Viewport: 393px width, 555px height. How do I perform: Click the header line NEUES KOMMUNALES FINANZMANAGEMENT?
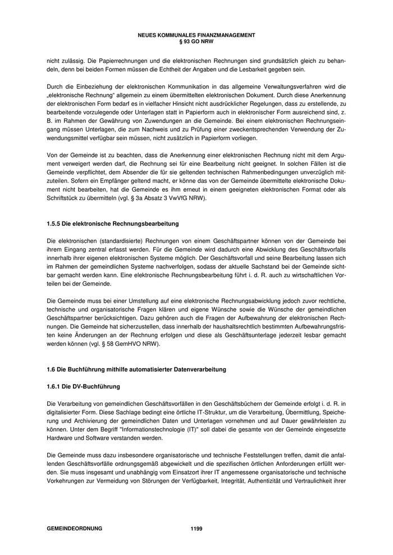pos(196,35)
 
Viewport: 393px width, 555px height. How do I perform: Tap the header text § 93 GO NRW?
pos(196,40)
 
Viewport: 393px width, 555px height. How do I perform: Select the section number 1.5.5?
pos(54,224)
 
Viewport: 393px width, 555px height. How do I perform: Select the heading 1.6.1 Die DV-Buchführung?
pos(83,387)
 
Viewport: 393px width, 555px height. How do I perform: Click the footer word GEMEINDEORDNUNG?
pos(75,528)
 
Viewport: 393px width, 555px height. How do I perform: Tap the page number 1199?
pos(196,528)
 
